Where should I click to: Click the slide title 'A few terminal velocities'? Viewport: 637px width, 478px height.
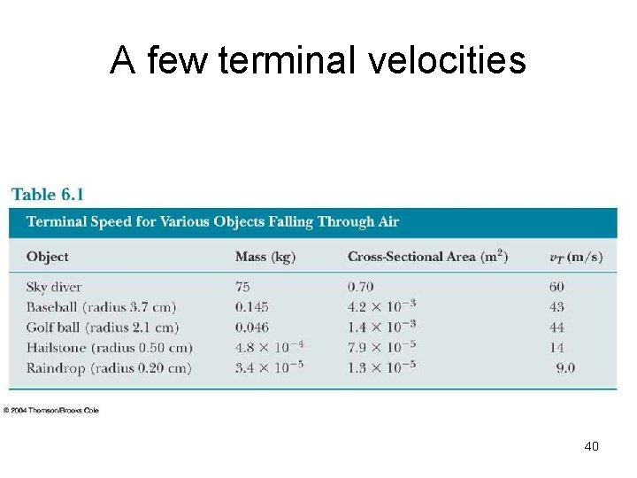coord(318,61)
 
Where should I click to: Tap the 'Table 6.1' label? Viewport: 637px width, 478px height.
coord(47,194)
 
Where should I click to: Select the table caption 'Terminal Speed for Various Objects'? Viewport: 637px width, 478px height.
coord(212,221)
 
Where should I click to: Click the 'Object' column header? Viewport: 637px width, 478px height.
coord(48,257)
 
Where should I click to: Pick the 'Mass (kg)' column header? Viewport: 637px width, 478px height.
coord(265,257)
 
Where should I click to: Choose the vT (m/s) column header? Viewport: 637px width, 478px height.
coord(576,258)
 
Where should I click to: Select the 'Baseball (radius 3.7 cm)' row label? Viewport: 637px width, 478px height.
coord(101,307)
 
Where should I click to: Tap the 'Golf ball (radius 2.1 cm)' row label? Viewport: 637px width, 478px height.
coord(101,327)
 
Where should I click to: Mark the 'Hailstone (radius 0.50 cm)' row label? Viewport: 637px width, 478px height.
coord(109,347)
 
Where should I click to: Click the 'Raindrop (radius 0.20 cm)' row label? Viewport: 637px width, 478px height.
coord(108,367)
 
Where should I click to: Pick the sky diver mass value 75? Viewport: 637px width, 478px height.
coord(244,287)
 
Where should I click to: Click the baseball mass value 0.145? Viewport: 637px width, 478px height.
coord(252,307)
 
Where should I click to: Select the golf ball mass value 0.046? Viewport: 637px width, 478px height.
coord(252,327)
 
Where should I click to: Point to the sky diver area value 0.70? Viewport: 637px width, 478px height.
coord(361,287)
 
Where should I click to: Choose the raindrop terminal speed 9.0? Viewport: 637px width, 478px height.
coord(566,367)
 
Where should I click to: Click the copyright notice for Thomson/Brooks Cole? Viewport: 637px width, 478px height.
coord(50,410)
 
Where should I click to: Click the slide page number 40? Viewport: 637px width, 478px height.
coord(591,446)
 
